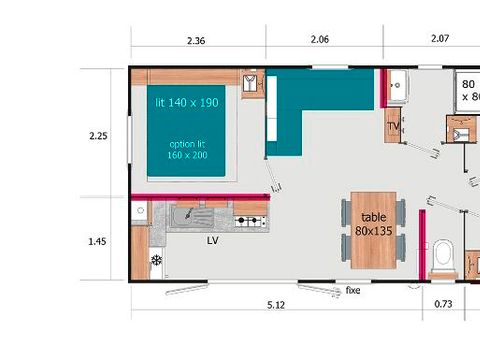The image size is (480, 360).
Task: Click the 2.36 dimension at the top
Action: click(195, 42)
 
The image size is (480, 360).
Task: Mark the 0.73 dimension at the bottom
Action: click(443, 304)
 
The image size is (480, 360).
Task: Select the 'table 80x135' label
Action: click(373, 223)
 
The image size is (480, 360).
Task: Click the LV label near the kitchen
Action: click(212, 241)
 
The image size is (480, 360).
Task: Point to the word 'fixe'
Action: click(352, 291)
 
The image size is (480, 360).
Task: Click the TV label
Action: click(393, 127)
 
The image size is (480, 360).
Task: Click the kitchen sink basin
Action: click(188, 215)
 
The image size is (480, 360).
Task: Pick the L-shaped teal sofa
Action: click(300, 105)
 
